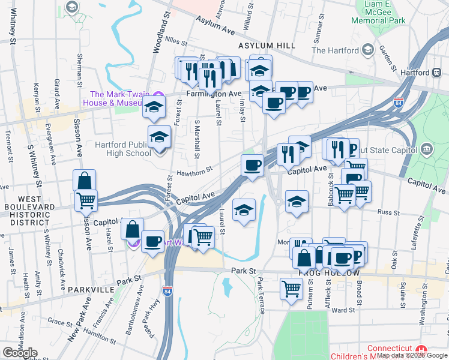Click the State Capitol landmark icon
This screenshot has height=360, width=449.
(x=426, y=148)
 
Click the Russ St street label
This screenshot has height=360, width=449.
(x=384, y=211)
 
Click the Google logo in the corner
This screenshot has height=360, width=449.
(x=20, y=352)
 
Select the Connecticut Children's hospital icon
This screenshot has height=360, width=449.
(x=421, y=350)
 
